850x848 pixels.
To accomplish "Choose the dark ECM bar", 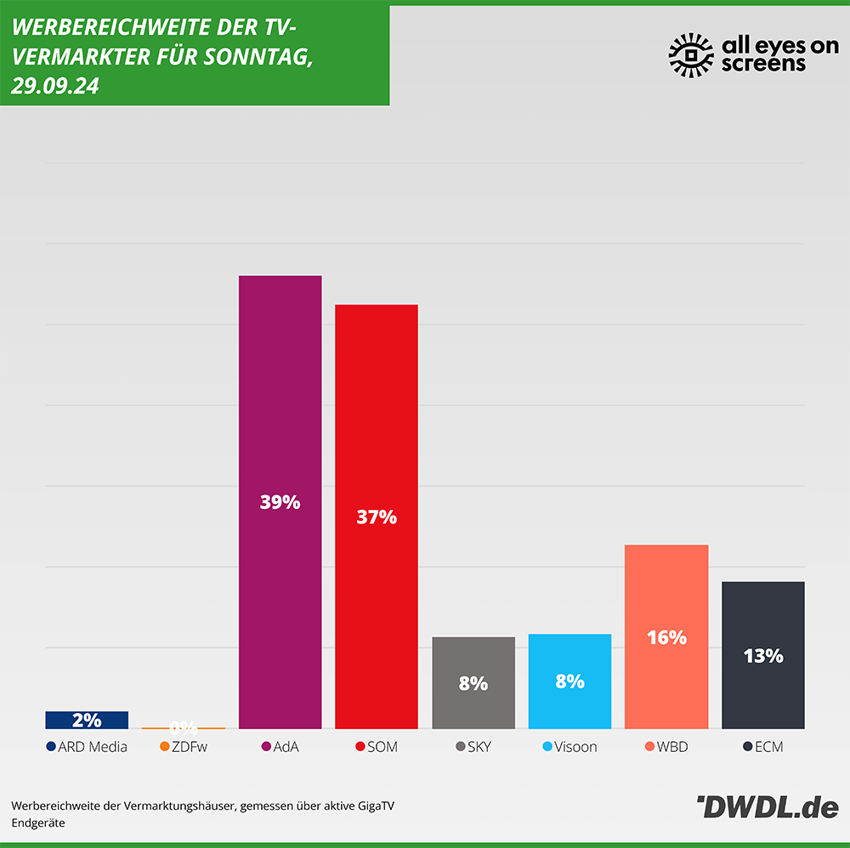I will pos(762,620).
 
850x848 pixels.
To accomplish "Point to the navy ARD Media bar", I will pos(87,720).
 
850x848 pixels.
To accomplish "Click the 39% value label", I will pos(280,502).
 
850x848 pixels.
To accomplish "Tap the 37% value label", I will pos(376,517).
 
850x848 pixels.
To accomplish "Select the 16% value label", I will pos(666,637).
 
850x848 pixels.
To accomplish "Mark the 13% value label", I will pos(762,656).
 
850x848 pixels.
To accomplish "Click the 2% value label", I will pos(87,721).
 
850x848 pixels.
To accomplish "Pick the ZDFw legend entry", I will pos(184,747).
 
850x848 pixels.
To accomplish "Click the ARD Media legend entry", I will pos(87,747).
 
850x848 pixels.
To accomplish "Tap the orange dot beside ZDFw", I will pos(164,747).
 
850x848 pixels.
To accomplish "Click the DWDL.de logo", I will pos(767,808).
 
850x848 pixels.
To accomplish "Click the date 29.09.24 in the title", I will pos(55,87).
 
